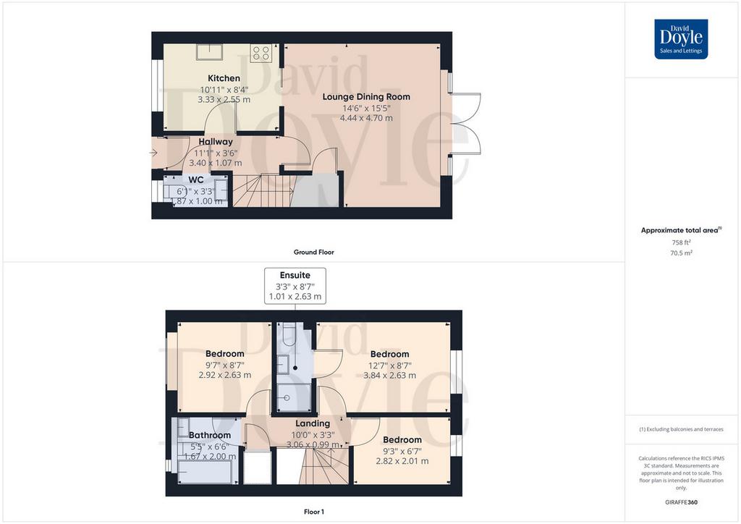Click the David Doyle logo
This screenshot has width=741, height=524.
681,39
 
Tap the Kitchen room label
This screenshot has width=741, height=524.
224,78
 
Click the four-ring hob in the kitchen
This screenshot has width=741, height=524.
261,53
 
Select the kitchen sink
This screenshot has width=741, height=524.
209,51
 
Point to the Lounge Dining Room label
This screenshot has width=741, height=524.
366,97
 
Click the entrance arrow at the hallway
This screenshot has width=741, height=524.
153,153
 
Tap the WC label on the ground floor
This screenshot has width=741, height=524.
196,180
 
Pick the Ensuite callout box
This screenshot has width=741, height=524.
295,286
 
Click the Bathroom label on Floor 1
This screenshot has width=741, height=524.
210,435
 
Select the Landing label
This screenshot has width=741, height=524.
313,423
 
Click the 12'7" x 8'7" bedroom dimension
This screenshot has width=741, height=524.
390,365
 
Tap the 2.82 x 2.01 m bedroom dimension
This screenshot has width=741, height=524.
402,461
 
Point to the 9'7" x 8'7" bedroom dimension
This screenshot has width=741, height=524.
225,365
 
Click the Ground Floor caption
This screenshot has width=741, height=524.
314,253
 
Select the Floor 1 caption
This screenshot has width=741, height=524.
314,512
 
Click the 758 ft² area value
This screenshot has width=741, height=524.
681,242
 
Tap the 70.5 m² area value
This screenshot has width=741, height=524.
681,253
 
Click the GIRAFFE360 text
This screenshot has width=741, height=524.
681,502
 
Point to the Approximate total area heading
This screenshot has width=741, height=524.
681,230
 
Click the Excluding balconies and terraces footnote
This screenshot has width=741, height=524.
681,429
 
